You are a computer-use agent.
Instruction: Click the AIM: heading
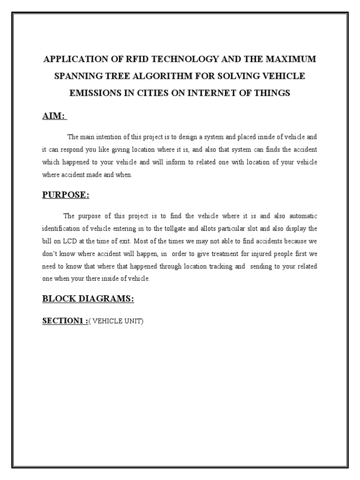point(54,116)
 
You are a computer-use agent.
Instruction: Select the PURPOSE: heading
point(66,195)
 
